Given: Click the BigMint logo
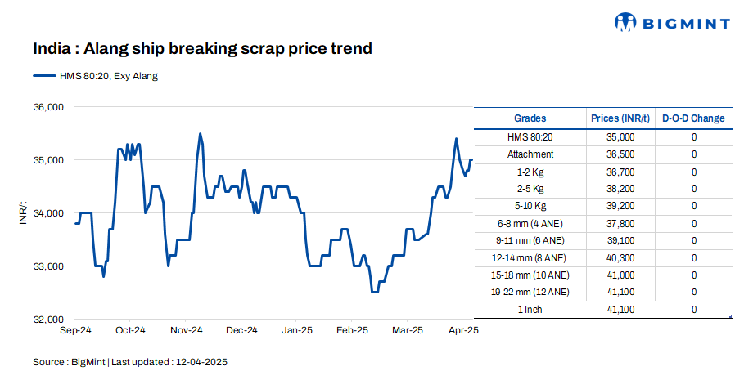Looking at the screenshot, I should pos(672,22).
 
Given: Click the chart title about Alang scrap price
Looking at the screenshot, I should pos(202,49).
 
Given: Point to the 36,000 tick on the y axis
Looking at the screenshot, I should pos(47,107).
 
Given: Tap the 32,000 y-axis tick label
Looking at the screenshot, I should pos(47,320).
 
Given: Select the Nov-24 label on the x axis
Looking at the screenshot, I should pos(186,331).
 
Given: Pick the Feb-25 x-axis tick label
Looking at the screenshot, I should pos(353,331).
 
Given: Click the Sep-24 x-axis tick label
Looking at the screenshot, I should pos(75,331).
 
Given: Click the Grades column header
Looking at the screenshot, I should pos(530,118).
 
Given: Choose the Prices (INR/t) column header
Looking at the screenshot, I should pos(620,118).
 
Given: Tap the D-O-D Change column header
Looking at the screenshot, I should pos(693,118).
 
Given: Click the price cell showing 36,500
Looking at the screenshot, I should pos(620,154).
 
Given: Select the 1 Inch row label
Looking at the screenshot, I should pos(530,310).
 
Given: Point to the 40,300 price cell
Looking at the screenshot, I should pos(620,257).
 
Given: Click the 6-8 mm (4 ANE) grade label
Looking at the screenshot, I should pos(530,223).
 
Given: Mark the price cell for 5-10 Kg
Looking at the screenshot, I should pos(620,206).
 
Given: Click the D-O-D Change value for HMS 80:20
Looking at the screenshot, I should pos(693,137).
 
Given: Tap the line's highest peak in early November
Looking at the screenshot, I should pos(200,133).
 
